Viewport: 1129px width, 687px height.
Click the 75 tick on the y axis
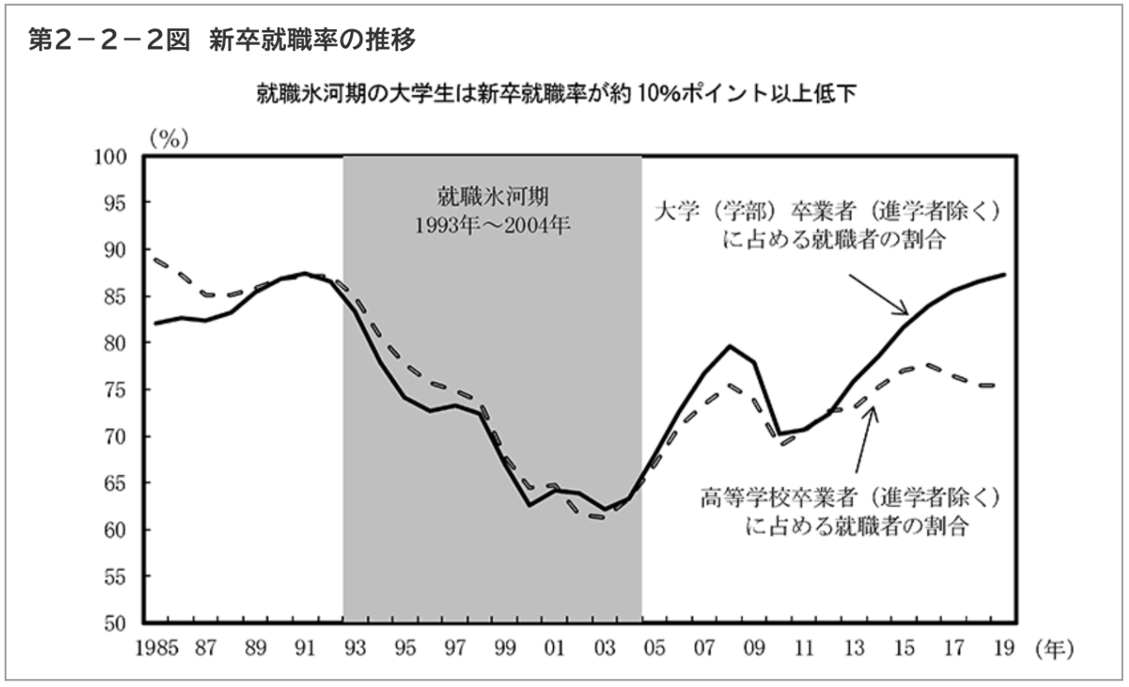click(119, 390)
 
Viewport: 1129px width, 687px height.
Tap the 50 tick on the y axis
click(119, 624)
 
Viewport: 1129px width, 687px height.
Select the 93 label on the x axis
click(355, 648)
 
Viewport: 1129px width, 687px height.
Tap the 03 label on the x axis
click(604, 648)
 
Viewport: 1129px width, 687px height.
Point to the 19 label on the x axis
click(1004, 648)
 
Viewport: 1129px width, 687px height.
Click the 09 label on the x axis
click(755, 648)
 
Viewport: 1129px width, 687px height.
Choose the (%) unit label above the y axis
click(168, 139)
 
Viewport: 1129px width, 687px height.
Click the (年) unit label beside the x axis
click(1054, 648)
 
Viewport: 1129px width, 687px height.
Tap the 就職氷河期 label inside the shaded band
click(492, 197)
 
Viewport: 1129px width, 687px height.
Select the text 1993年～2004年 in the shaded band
click(492, 225)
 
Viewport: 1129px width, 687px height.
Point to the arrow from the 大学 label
click(878, 294)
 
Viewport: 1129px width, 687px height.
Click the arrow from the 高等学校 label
click(864, 439)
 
